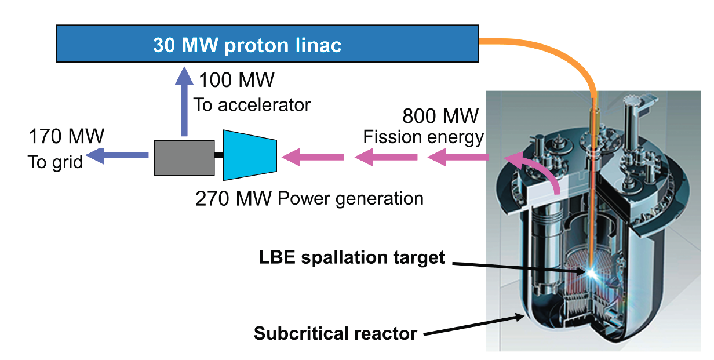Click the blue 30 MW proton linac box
point(267,43)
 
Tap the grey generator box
point(184,158)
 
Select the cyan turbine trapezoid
point(250,155)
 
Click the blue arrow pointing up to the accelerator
point(184,101)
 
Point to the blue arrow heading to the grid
point(117,155)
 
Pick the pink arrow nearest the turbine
point(313,157)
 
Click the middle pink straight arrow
point(386,157)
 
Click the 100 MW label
point(236,80)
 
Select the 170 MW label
point(66,136)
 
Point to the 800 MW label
point(440,116)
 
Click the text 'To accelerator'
point(252,104)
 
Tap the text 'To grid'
point(55,162)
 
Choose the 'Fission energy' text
point(423,137)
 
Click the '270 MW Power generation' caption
point(309,199)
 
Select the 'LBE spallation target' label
point(352,257)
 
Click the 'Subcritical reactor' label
point(336,333)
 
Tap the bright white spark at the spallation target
point(591,272)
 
